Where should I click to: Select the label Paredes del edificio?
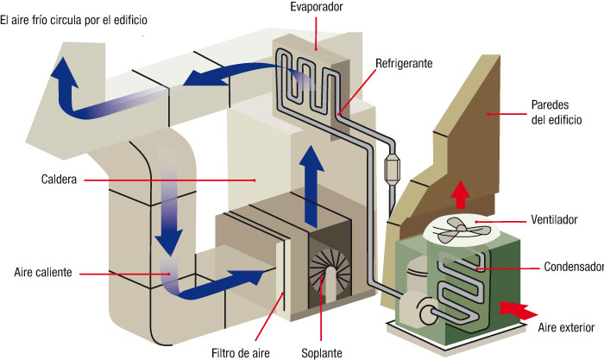[x=557, y=112]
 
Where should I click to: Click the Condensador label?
[x=574, y=267]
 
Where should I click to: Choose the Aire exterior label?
[x=566, y=327]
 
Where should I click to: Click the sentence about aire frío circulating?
[x=77, y=18]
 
